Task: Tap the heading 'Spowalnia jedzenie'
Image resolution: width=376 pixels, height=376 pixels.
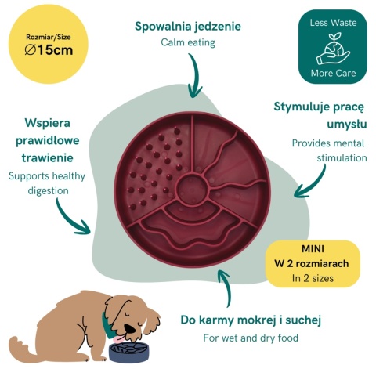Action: tap(188, 27)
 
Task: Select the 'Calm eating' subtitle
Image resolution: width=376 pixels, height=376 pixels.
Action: tap(188, 42)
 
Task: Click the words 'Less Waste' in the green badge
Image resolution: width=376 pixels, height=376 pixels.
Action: tap(333, 23)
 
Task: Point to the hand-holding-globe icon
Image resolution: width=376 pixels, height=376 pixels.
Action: tap(333, 49)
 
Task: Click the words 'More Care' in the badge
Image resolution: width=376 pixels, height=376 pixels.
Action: tap(333, 73)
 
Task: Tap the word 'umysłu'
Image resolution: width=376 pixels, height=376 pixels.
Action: tap(347, 125)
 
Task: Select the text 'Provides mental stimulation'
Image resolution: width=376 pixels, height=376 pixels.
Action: tap(329, 150)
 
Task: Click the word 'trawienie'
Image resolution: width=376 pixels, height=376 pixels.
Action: tap(47, 157)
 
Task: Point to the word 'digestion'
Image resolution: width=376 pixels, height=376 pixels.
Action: tap(48, 190)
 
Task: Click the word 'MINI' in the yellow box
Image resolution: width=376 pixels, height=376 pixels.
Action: tap(313, 249)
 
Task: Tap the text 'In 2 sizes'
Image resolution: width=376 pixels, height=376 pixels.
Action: tap(313, 278)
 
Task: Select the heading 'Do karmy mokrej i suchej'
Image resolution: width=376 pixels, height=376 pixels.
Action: tap(251, 320)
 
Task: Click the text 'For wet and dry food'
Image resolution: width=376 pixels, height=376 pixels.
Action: tap(251, 338)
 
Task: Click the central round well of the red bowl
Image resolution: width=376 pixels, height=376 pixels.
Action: tap(192, 189)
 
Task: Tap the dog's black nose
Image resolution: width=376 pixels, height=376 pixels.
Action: tap(130, 328)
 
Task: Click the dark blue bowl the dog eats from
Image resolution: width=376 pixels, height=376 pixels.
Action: tap(128, 352)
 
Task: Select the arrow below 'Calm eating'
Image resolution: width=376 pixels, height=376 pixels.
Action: tap(194, 76)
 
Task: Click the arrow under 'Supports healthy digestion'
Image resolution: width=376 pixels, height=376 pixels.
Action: tap(70, 219)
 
